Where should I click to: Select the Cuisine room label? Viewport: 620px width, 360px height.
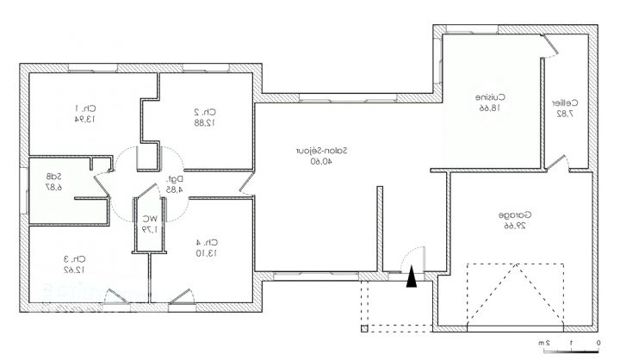489,97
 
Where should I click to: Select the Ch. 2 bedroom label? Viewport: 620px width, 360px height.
203,111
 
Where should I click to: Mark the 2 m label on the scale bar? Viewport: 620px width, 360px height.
544,344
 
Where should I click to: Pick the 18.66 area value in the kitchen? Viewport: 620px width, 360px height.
489,109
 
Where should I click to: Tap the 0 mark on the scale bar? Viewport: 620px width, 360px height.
598,344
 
